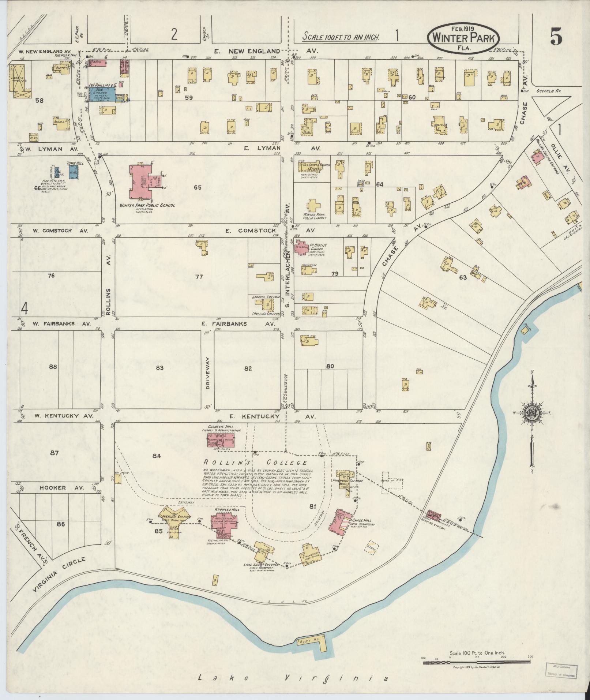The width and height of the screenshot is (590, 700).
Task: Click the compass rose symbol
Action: (x=531, y=412)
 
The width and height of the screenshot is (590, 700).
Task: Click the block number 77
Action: (x=199, y=277)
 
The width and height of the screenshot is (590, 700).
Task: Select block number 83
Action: (x=159, y=368)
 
